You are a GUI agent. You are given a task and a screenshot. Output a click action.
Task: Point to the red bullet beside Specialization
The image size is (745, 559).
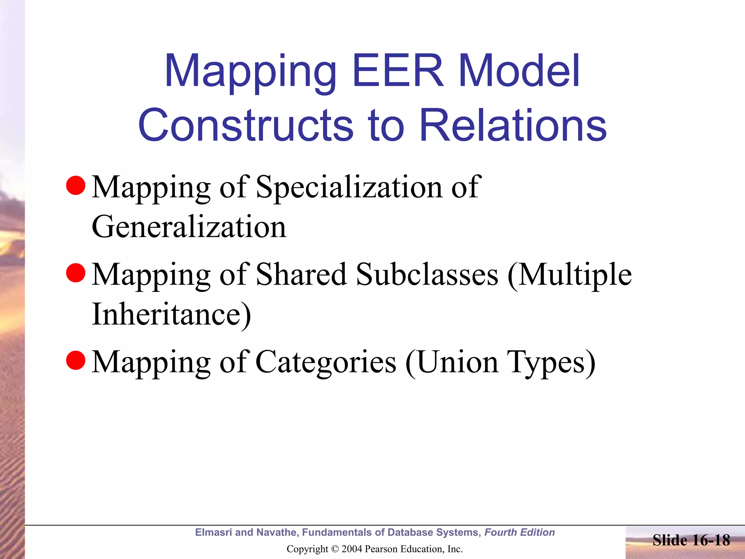coord(76,186)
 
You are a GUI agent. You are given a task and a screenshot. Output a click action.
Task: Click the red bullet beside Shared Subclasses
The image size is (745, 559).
coord(76,273)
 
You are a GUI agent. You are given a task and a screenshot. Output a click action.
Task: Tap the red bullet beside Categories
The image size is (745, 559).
coord(76,360)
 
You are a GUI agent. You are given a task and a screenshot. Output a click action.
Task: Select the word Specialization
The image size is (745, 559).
coord(349,187)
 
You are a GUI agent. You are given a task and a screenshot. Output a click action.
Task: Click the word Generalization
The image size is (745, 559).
coord(189,226)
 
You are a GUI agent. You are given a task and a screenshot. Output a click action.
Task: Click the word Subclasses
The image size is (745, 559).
coord(427,274)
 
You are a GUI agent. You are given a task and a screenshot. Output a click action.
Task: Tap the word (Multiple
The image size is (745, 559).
coord(570,274)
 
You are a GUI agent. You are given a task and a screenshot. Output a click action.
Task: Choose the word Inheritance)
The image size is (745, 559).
coord(171,314)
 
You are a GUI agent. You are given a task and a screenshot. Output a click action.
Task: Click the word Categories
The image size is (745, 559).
coord(326,362)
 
